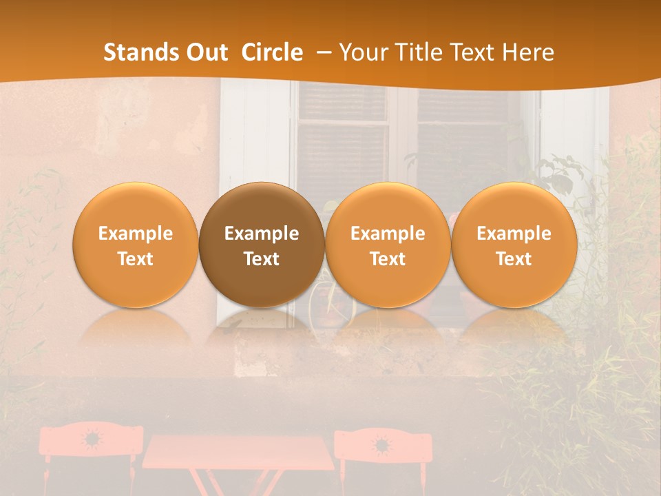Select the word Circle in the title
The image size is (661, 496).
pyautogui.click(x=272, y=52)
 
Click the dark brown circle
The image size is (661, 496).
pyautogui.click(x=262, y=245)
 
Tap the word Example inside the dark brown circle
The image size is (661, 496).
pyautogui.click(x=262, y=234)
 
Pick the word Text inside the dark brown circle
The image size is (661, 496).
pyautogui.click(x=262, y=259)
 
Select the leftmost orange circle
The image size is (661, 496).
pyautogui.click(x=136, y=245)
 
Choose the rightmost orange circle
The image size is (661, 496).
pyautogui.click(x=514, y=245)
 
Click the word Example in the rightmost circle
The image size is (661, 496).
pyautogui.click(x=514, y=234)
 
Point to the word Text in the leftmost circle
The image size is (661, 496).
pyautogui.click(x=136, y=259)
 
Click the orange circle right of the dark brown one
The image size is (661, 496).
pyautogui.click(x=388, y=245)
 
